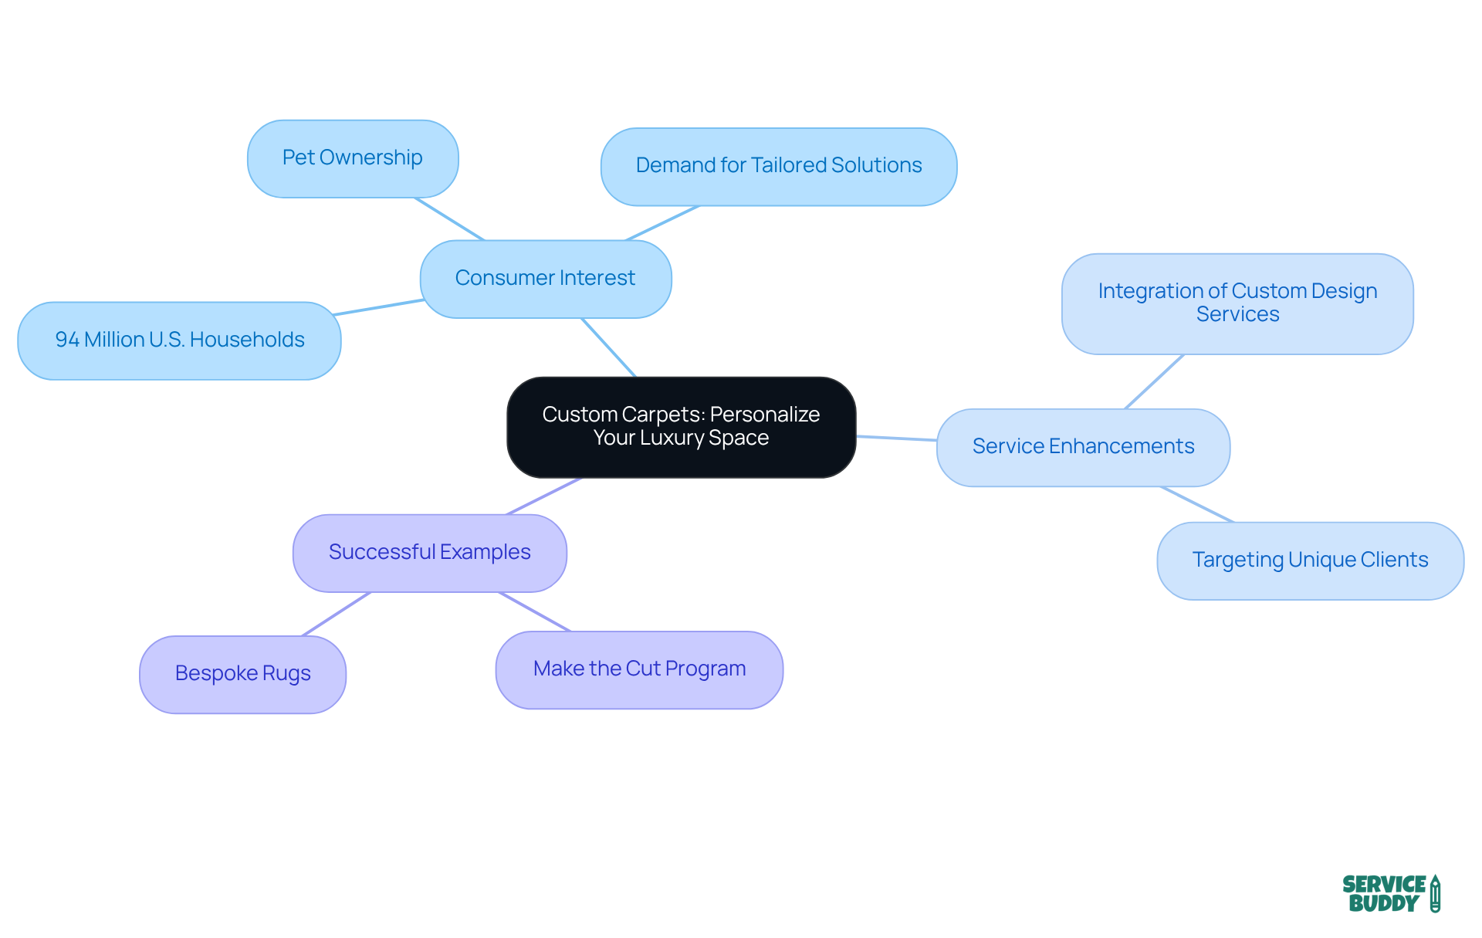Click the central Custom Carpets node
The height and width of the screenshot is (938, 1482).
tap(681, 427)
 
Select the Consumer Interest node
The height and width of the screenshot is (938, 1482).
tap(545, 279)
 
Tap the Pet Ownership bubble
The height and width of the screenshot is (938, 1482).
tap(353, 158)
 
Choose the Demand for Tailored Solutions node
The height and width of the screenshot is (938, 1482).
tap(778, 166)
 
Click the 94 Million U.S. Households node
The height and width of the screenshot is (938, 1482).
tap(179, 340)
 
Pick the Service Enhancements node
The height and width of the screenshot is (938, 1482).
tap(1082, 447)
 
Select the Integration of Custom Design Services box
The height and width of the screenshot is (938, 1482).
tap(1237, 303)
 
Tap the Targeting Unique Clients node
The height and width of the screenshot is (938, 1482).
tap(1309, 560)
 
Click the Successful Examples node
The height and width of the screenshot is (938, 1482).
tap(429, 553)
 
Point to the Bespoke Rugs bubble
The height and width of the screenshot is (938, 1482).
tap(242, 674)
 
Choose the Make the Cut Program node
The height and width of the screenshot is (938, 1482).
tap(638, 669)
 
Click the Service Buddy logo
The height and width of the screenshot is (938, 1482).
tap(1389, 893)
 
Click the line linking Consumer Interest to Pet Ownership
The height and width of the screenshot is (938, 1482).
tap(449, 219)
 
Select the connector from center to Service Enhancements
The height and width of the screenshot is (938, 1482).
tap(896, 438)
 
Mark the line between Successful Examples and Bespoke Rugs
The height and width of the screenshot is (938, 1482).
tap(337, 614)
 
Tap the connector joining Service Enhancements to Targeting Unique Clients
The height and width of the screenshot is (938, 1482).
tap(1196, 504)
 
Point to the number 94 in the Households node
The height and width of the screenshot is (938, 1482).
tap(67, 340)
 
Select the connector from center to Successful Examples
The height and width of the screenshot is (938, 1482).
tap(543, 496)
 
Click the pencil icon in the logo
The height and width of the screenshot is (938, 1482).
tap(1435, 893)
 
